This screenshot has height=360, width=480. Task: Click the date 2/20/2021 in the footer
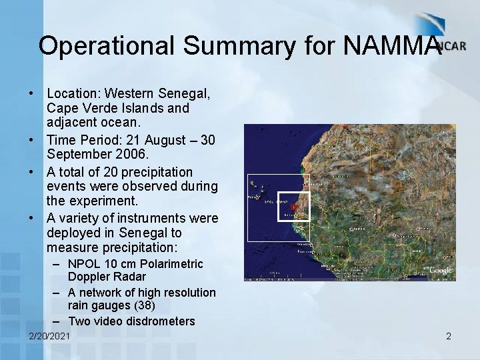(49, 337)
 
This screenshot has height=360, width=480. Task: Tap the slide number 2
(449, 337)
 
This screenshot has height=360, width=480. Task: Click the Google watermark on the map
(440, 270)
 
